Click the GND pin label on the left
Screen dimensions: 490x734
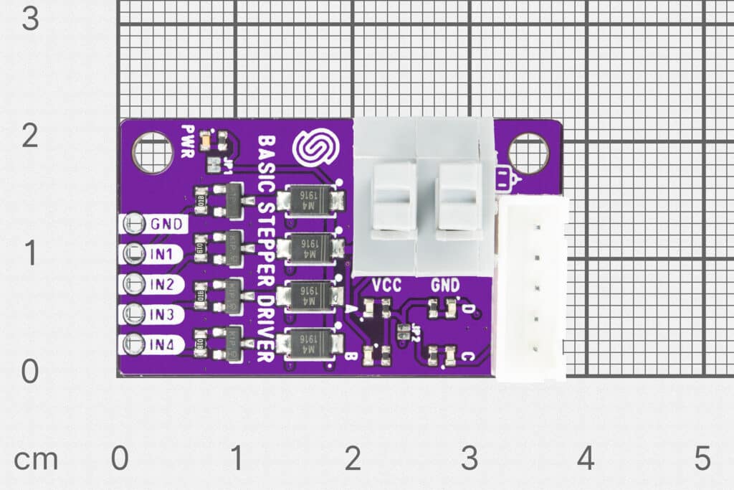tap(165, 224)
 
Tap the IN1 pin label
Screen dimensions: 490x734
tap(162, 254)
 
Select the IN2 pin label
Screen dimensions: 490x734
tap(162, 285)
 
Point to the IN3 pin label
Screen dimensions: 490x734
tap(162, 314)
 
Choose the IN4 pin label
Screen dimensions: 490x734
tap(162, 344)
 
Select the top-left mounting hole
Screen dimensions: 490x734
tap(152, 153)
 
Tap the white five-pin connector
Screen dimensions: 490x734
tap(531, 288)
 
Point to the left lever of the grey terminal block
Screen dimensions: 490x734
tap(393, 197)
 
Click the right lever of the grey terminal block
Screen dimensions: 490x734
tap(459, 197)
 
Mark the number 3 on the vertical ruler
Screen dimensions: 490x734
tap(29, 18)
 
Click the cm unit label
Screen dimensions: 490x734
tap(35, 459)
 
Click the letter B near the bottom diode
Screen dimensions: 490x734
tap(350, 355)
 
